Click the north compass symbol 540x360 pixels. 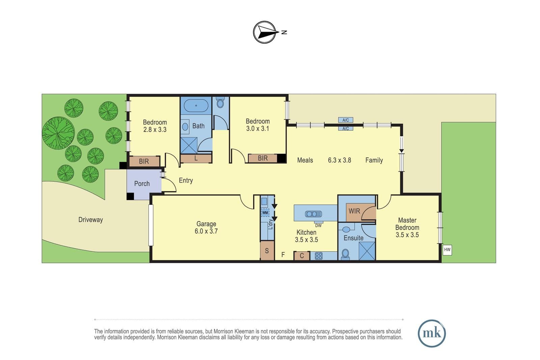(x=265, y=32)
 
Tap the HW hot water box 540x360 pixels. (x=447, y=250)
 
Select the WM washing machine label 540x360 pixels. (x=265, y=213)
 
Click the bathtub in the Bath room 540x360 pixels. (x=196, y=106)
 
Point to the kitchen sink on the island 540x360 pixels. (x=313, y=214)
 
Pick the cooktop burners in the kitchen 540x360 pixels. (x=319, y=256)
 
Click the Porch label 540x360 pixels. (x=142, y=184)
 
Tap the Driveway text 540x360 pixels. (x=91, y=220)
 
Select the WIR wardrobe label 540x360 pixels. (x=354, y=211)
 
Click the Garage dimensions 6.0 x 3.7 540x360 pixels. (x=206, y=231)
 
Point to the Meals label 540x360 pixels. (x=305, y=160)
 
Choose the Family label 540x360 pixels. (x=374, y=160)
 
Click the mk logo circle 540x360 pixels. (x=432, y=333)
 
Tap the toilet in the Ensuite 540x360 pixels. (x=346, y=254)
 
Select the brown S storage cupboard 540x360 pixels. (x=267, y=251)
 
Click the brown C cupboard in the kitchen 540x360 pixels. (x=302, y=256)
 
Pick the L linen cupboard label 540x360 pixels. (x=196, y=159)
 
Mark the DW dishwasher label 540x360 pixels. (x=318, y=226)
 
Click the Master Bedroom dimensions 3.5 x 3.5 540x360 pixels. (x=407, y=235)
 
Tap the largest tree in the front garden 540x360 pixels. (x=58, y=133)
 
